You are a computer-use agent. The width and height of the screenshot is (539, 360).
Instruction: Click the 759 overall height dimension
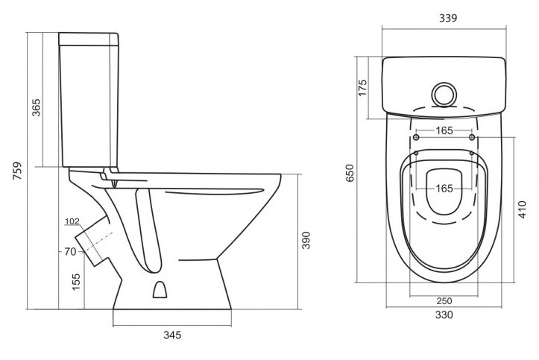pos(17,171)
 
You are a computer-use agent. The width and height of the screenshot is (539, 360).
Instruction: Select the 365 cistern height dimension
pos(36,107)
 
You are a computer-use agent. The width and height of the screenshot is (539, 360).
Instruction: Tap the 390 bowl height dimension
pos(306,241)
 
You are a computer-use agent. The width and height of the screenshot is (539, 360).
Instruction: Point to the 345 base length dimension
pos(172,335)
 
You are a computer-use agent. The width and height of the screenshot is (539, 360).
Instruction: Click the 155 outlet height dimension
pos(76,282)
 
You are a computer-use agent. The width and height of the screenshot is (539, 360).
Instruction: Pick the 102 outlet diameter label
pos(72,221)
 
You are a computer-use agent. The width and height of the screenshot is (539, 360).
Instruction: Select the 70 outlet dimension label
pos(70,252)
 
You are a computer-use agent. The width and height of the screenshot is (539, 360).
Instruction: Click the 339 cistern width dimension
pos(448,18)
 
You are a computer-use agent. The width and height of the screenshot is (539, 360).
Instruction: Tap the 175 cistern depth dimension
pos(362,88)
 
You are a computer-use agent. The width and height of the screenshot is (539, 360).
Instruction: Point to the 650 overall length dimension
pos(349,173)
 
